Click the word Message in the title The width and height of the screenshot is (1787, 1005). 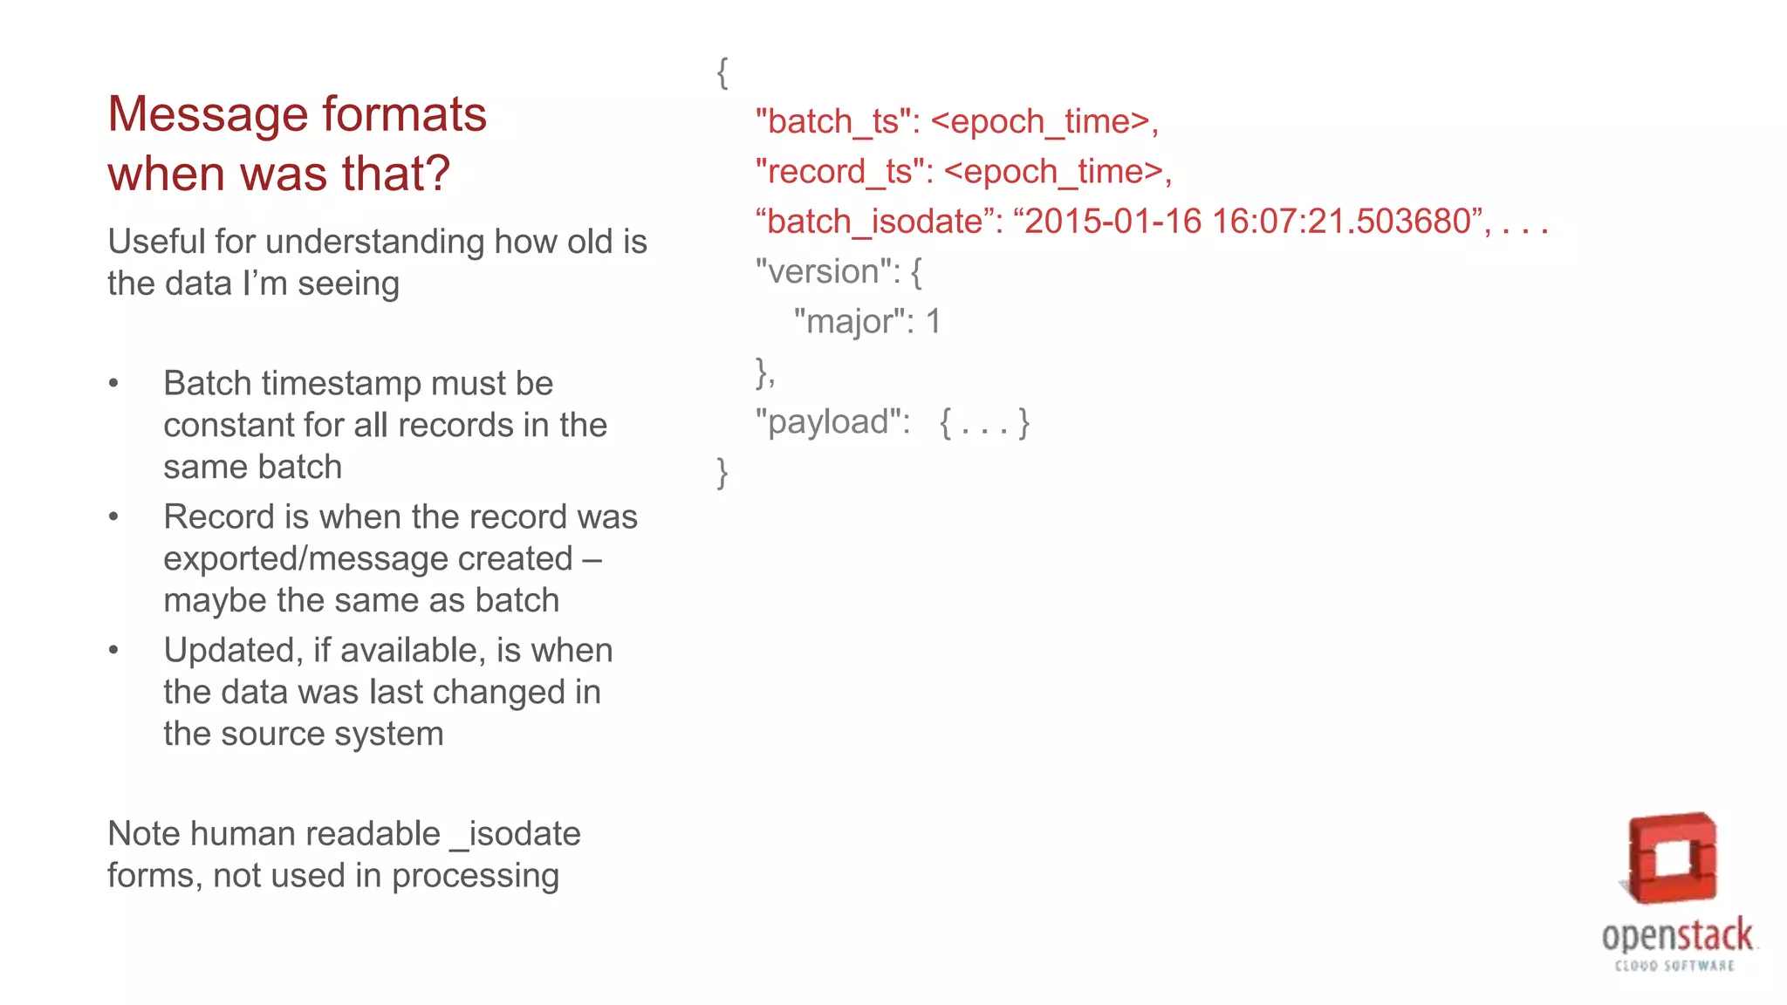(x=207, y=115)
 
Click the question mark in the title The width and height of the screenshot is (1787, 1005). (x=436, y=174)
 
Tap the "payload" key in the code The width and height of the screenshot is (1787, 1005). (x=832, y=422)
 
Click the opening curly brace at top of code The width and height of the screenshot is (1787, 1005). (x=722, y=72)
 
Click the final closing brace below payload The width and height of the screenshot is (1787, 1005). (x=722, y=473)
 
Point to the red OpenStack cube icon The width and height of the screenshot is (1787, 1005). (x=1672, y=858)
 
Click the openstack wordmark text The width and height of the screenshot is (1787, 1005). (x=1676, y=936)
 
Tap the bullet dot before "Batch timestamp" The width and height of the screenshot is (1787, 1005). (x=113, y=384)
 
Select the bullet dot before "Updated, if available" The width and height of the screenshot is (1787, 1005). (x=113, y=651)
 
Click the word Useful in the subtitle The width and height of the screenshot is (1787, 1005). (x=156, y=242)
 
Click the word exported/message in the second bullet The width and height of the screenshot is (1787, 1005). (x=367, y=559)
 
